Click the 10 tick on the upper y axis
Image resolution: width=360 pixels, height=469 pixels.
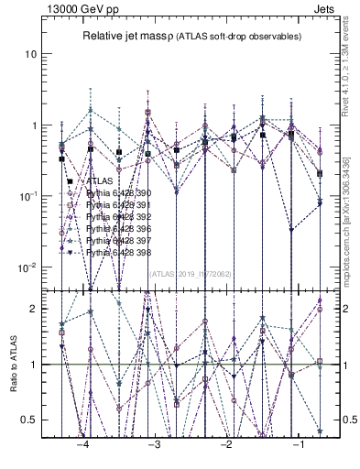pyautogui.click(x=30, y=54)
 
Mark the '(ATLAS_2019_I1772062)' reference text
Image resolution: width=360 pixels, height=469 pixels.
pyautogui.click(x=191, y=273)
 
